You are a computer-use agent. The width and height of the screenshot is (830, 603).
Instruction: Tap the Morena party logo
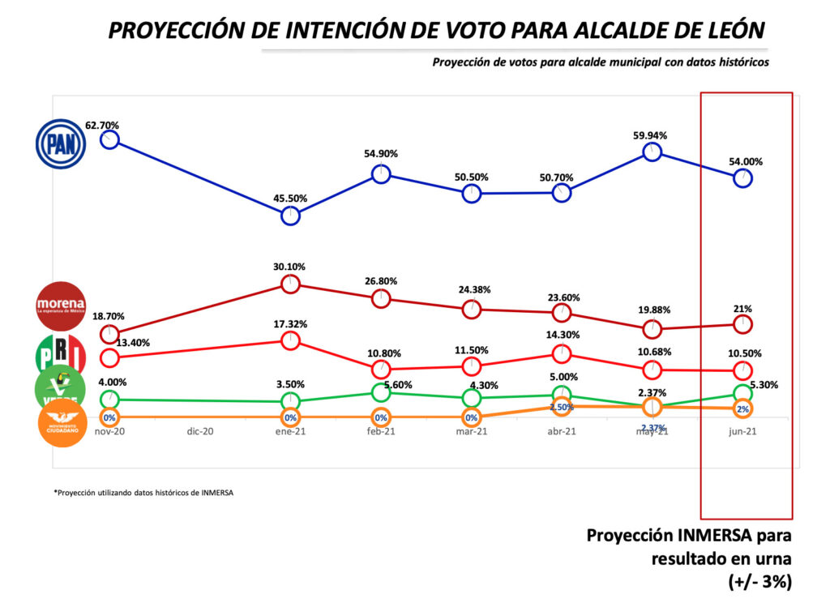60,306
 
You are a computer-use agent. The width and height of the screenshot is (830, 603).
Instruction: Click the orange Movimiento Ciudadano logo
63,422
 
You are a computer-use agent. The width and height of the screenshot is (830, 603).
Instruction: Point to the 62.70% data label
102,126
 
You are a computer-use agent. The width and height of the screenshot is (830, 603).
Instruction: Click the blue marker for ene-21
290,216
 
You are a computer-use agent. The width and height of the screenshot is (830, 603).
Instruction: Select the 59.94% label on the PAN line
652,135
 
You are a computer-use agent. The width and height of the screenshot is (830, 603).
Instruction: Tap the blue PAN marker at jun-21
742,178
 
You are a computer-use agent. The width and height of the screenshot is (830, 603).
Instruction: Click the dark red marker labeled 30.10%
290,284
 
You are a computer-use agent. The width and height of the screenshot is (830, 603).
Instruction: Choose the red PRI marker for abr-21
562,354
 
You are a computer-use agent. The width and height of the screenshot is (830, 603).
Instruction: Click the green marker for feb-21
381,391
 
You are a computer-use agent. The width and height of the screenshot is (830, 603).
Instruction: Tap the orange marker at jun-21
742,409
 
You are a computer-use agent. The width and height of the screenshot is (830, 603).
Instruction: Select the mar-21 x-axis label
471,432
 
